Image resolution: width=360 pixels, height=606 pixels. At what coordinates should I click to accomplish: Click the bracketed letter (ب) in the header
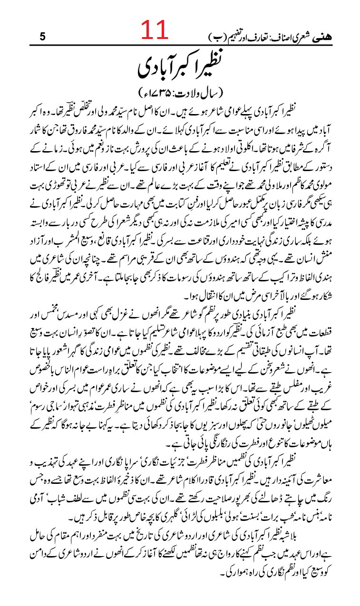(x=218, y=36)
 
